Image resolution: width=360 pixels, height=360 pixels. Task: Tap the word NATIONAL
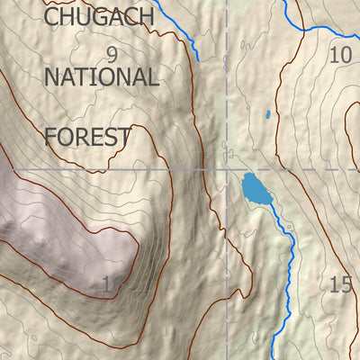pos(101,76)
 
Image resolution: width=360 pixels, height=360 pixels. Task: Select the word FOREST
pos(87,137)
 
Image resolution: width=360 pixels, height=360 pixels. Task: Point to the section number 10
pos(339,55)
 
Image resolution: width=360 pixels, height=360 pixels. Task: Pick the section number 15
pos(339,285)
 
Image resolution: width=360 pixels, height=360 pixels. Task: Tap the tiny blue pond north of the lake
pos(266,115)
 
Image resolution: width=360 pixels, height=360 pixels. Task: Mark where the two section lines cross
pos(226,168)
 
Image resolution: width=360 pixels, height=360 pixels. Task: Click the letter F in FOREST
pos(50,137)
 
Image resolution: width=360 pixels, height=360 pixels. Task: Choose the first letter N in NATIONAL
pos(52,76)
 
